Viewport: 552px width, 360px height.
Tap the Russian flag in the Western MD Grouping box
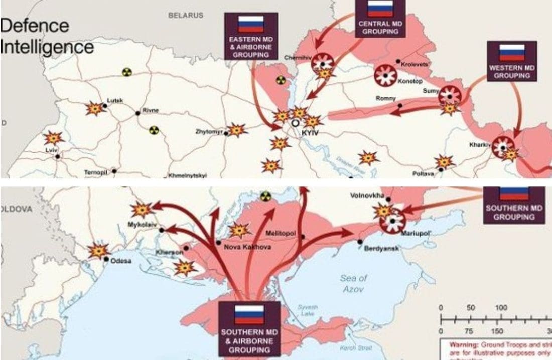point(512,52)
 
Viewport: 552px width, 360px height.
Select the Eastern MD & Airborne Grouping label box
point(250,36)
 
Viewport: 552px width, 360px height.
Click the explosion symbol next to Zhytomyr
point(237,130)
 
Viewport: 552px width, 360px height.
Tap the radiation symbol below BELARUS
point(127,72)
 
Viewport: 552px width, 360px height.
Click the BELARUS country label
point(186,16)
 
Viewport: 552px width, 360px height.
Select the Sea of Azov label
point(353,283)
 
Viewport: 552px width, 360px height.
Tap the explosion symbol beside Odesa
point(98,250)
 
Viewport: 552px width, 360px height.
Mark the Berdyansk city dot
point(360,242)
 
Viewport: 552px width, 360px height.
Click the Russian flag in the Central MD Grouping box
point(380,9)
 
